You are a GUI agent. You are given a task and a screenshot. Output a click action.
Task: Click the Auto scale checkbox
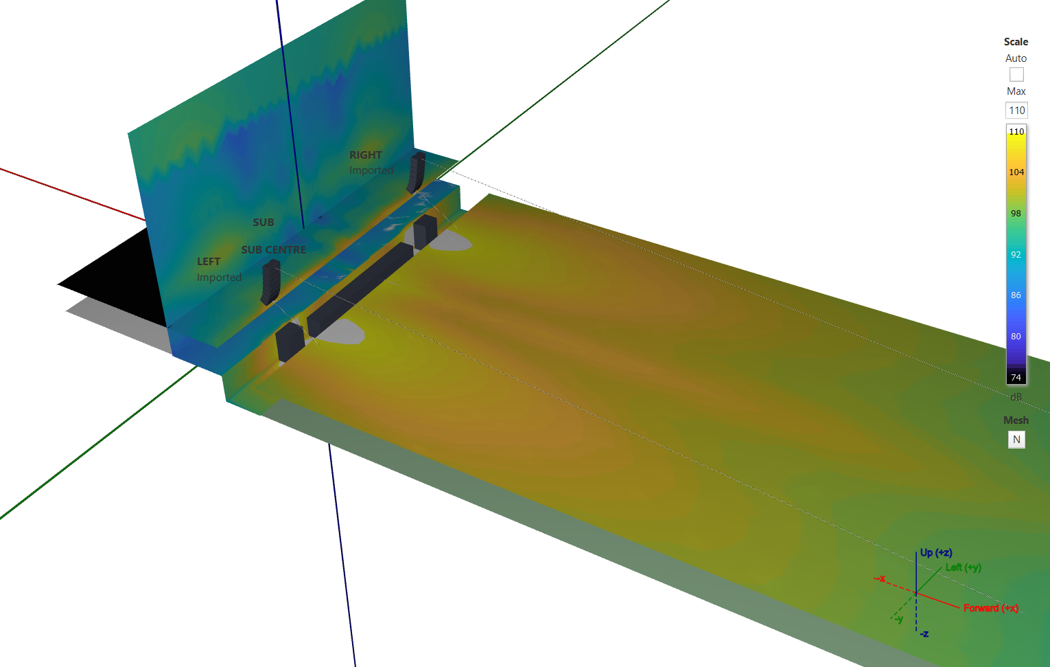tap(1016, 75)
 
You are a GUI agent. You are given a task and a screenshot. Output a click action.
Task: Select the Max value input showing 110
tap(1016, 110)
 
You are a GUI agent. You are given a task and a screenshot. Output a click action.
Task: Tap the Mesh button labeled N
tap(1016, 440)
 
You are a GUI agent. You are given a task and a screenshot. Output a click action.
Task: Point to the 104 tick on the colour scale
tap(1016, 172)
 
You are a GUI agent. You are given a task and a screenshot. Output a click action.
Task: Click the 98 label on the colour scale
tap(1016, 214)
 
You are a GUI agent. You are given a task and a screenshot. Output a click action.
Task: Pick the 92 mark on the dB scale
tap(1016, 255)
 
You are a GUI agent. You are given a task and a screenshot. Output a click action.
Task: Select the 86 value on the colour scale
tap(1016, 295)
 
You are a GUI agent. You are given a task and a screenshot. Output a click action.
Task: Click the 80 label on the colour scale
tap(1016, 337)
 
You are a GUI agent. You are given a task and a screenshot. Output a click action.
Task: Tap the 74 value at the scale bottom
tap(1016, 378)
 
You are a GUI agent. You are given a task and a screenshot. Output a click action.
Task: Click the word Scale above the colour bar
tap(1016, 42)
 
